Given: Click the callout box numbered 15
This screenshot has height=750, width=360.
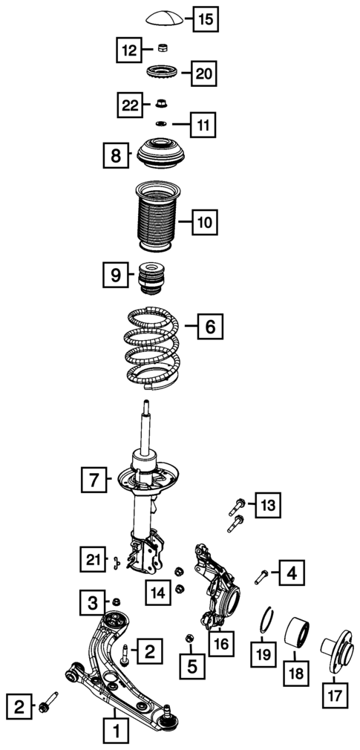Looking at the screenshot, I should [x=206, y=20].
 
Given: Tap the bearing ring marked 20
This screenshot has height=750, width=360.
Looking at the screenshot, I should [x=164, y=74].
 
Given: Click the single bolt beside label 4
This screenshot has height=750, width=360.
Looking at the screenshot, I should [x=261, y=575].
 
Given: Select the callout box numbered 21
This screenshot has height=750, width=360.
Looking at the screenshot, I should [x=94, y=559].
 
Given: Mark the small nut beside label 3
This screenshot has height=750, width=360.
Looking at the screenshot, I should [x=116, y=601].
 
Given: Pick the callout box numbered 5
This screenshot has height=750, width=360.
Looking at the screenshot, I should [x=192, y=666].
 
